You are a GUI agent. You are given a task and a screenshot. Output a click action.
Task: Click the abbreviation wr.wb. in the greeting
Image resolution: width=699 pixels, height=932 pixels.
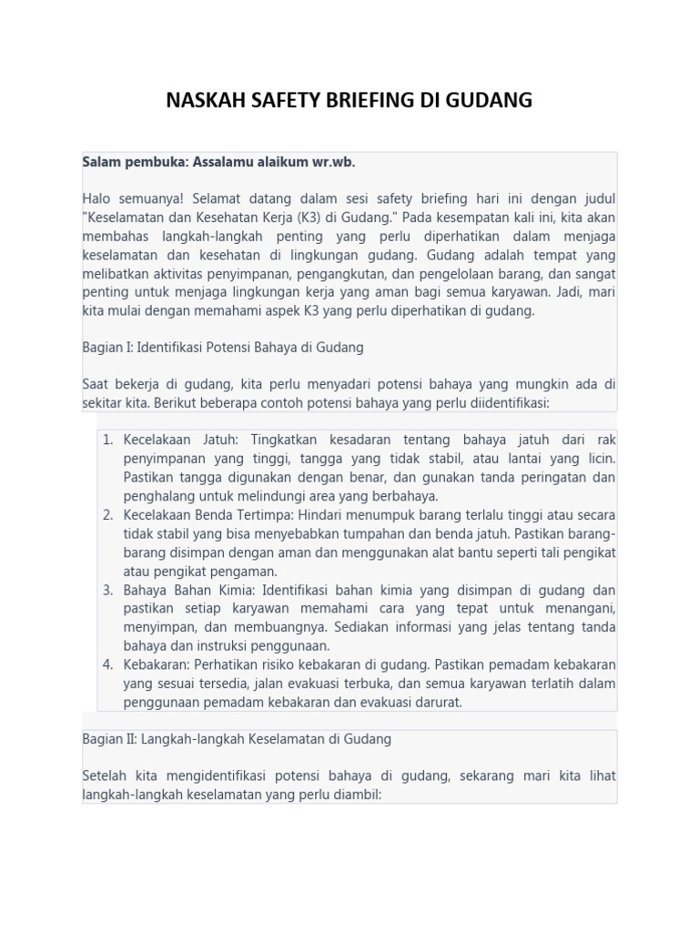tap(329, 161)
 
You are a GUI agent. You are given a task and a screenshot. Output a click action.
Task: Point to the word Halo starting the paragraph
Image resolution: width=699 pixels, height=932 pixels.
tap(96, 198)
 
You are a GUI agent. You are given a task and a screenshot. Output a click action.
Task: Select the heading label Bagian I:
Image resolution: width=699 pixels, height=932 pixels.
tap(109, 348)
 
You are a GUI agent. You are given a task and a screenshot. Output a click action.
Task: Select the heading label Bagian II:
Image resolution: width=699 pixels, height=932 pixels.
tap(111, 739)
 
